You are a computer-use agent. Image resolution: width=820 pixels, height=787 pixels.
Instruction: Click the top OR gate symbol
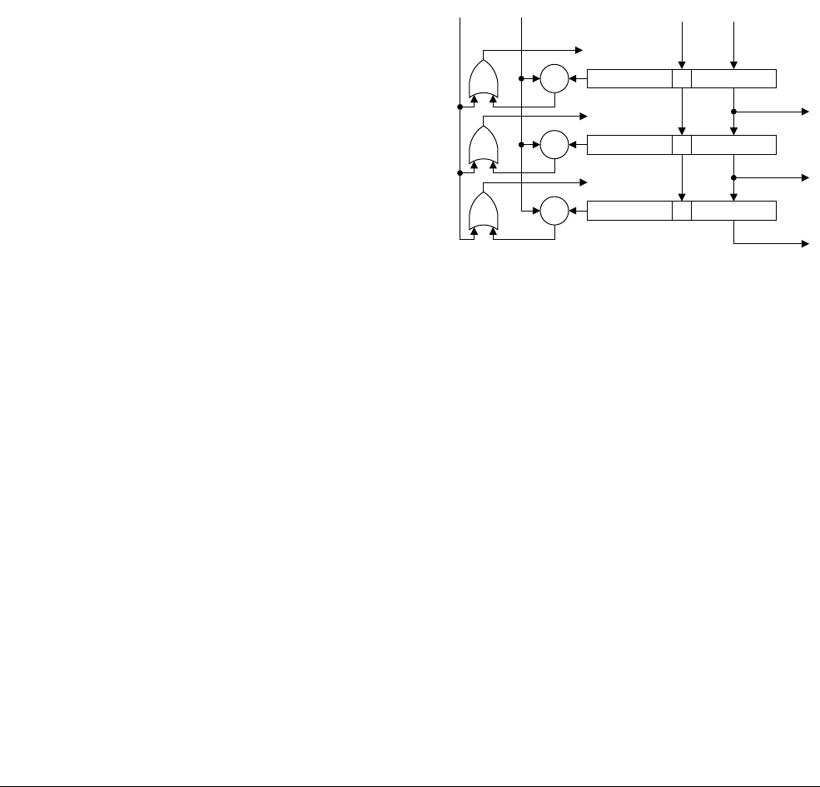point(484,81)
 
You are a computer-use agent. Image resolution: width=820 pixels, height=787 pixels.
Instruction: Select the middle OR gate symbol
point(484,147)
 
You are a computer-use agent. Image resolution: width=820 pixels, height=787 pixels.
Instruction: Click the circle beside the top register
point(554,79)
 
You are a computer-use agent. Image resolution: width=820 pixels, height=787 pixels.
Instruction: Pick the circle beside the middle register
point(554,145)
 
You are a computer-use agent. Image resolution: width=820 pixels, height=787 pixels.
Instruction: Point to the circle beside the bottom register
point(554,212)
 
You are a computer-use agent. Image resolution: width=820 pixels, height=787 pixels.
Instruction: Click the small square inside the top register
point(682,79)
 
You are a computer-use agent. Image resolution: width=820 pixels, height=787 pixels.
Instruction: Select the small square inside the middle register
point(682,145)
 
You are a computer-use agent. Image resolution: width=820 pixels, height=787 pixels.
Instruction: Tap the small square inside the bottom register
point(682,212)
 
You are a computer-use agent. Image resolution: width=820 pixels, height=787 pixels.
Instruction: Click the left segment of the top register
point(629,79)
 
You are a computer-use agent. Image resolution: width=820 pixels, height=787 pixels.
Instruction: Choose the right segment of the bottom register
point(733,212)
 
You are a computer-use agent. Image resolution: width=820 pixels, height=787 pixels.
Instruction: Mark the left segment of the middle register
point(629,145)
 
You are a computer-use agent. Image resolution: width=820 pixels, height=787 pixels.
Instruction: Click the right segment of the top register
point(733,79)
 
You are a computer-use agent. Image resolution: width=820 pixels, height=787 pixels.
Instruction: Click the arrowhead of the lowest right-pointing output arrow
point(805,243)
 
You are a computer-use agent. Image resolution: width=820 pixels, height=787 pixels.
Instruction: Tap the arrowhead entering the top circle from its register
point(572,79)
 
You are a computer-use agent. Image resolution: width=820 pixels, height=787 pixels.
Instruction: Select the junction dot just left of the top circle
point(521,79)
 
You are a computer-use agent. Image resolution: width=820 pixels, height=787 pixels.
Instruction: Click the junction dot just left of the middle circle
point(521,145)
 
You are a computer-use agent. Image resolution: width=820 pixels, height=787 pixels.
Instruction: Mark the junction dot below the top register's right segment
point(733,111)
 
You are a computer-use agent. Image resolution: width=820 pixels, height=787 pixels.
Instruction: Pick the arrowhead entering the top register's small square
point(682,66)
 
